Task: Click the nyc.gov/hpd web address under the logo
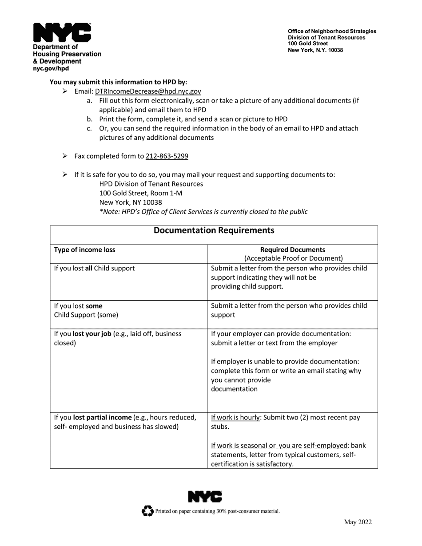point(51,69)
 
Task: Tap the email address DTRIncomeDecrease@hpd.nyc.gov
point(148,91)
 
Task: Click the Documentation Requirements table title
point(214,230)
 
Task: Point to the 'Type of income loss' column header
point(84,250)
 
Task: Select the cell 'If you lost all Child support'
point(94,269)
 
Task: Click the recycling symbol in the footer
point(147,511)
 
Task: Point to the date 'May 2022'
point(358,522)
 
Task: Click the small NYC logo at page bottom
point(205,497)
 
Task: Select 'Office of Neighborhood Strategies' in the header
point(332,32)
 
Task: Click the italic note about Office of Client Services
point(203,212)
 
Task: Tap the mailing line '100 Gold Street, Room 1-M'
point(140,193)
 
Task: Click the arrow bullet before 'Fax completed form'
point(65,156)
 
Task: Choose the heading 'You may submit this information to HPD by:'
point(118,82)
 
